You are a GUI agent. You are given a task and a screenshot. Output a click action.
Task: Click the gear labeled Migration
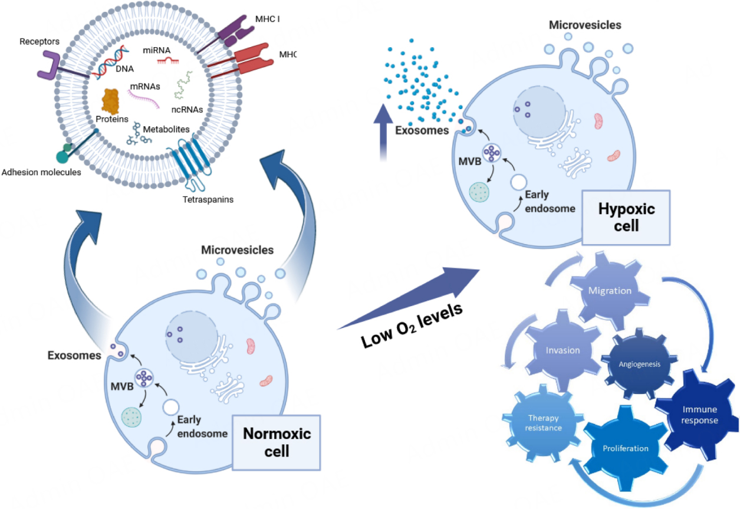click(x=610, y=291)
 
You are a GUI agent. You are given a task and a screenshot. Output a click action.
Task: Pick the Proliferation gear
click(x=625, y=448)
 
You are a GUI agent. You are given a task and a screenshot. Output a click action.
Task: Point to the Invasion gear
click(x=563, y=350)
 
